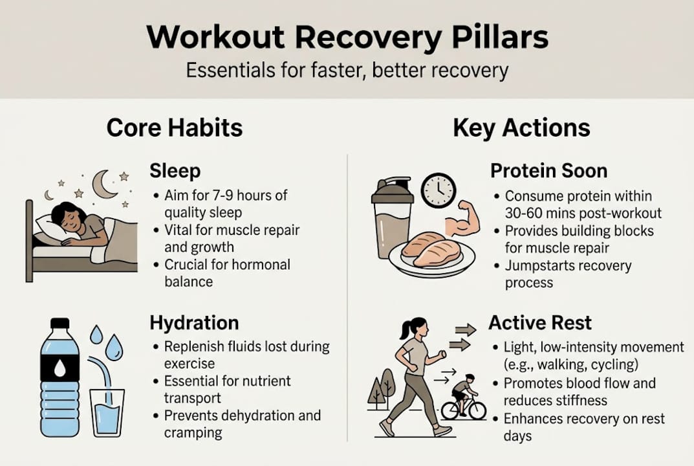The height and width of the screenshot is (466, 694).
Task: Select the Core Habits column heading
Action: point(175,128)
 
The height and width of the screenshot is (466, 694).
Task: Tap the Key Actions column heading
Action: point(521,128)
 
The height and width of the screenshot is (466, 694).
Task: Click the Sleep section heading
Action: point(175,171)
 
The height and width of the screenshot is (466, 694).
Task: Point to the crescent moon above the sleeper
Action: point(103,184)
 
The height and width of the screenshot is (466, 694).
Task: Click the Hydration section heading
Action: point(194,323)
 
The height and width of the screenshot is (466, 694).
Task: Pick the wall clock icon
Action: point(439,190)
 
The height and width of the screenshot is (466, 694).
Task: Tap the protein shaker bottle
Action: point(392,220)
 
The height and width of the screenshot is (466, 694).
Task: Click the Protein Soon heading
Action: point(548,171)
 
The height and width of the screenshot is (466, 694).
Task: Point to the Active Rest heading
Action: point(540,323)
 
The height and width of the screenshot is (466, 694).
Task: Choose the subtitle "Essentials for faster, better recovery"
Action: point(347,69)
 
